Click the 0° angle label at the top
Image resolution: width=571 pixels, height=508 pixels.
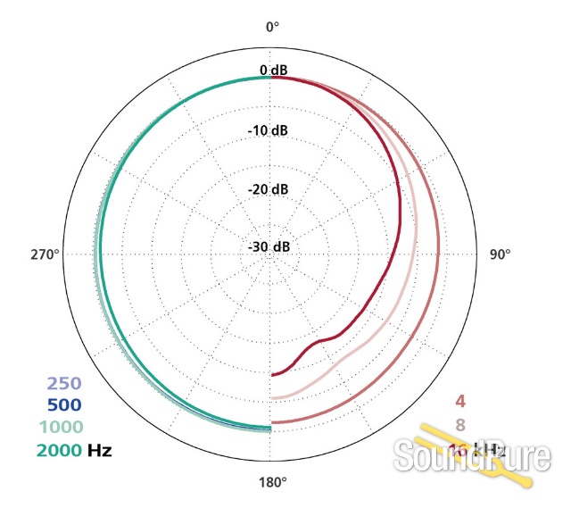[272, 27]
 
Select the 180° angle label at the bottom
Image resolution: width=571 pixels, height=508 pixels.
[272, 482]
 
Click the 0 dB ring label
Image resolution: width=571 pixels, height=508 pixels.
[272, 71]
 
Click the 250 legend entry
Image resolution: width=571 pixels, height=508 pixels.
[64, 384]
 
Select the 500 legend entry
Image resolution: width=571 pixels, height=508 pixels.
[64, 405]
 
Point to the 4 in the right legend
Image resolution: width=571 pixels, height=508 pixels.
[461, 401]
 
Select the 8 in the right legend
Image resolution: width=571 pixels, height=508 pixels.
[461, 424]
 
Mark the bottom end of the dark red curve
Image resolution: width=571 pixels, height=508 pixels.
[273, 374]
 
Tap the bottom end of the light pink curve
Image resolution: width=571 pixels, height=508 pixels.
[273, 397]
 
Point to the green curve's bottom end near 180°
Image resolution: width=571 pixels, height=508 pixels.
[270, 429]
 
